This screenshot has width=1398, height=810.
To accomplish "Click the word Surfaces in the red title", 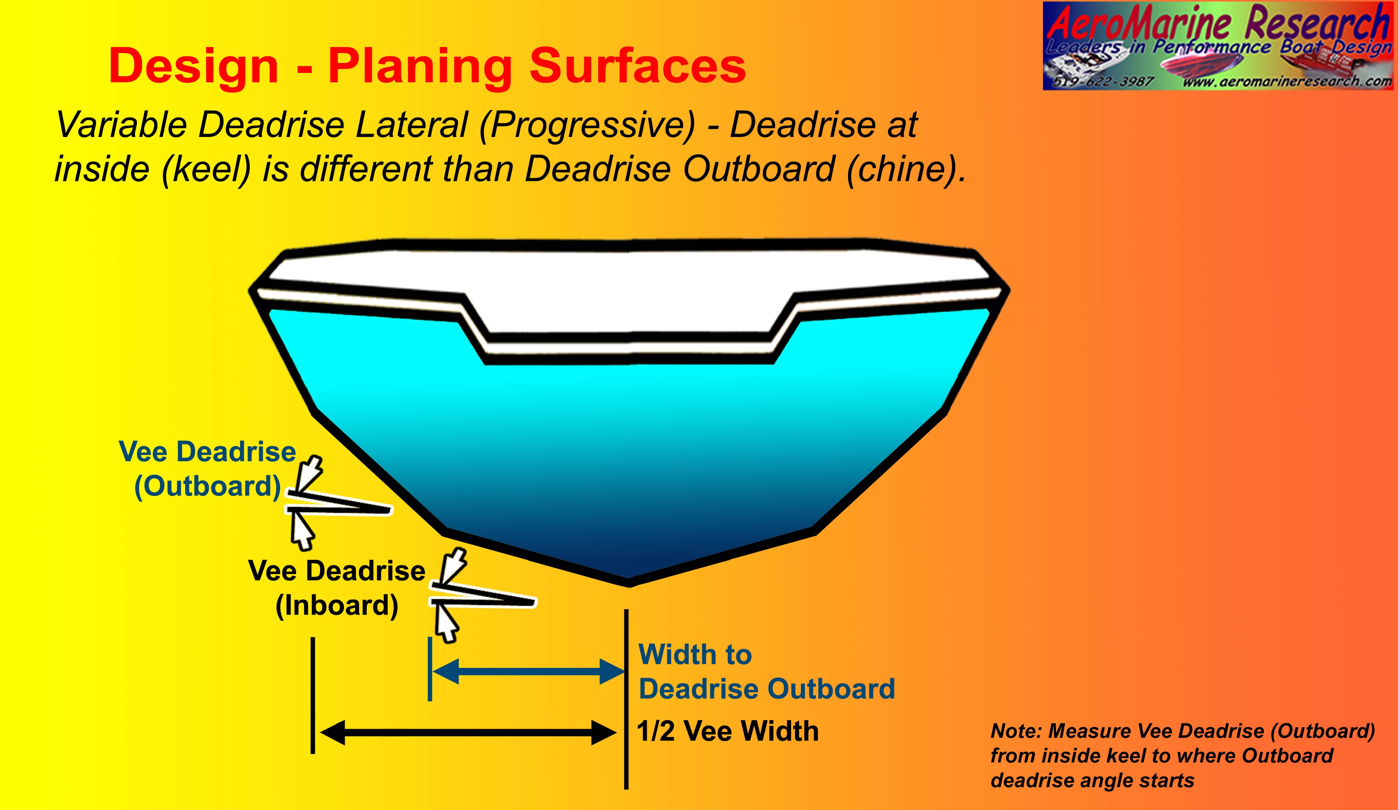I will [x=638, y=67].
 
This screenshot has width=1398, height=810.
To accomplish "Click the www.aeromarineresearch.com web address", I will [x=1287, y=81].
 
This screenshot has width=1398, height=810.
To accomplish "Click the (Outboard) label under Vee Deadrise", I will [x=207, y=487].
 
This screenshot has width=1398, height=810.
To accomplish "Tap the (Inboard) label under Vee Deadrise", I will [x=337, y=606].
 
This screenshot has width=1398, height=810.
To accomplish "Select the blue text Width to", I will [x=695, y=655].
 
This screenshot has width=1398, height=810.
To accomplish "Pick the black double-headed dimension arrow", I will [x=468, y=733].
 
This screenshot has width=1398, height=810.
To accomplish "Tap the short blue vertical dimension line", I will [x=430, y=669].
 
